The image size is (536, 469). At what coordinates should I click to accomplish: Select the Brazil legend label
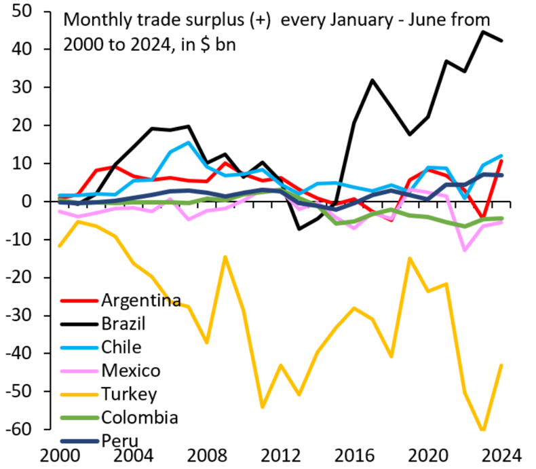(123, 323)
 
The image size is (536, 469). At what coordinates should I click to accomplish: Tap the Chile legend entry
(121, 347)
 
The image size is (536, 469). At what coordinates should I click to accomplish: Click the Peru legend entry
(117, 440)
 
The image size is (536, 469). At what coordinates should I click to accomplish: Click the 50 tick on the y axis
(26, 12)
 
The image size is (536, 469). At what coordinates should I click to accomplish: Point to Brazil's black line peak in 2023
(484, 31)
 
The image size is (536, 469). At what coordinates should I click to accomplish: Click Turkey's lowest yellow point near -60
(484, 430)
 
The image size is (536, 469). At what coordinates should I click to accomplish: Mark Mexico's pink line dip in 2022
(465, 250)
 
